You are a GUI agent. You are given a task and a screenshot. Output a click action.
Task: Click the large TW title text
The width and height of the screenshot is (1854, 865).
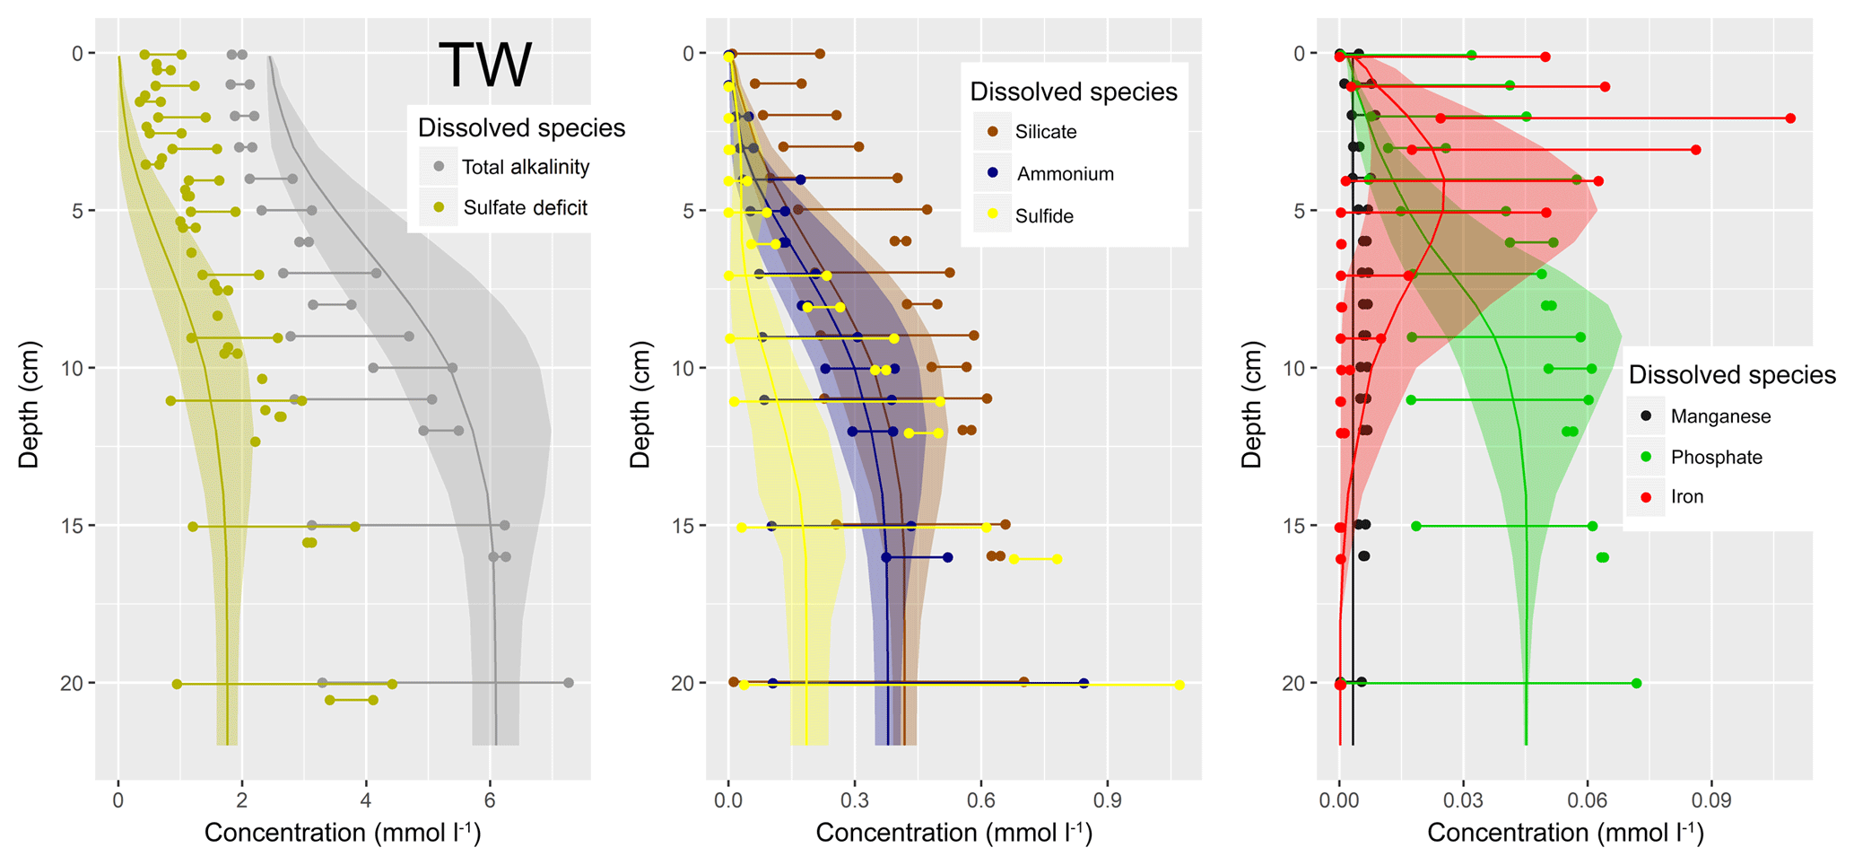point(485,66)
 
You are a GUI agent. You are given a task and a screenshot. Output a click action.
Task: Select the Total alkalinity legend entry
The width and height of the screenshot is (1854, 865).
point(525,167)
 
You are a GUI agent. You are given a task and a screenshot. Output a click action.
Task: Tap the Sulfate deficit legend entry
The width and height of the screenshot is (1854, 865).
point(525,208)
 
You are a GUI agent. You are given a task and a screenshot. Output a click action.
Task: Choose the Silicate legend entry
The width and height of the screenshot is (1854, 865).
point(1045,132)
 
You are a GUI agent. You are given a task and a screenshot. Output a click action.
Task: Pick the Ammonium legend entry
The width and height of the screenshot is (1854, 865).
point(1065,174)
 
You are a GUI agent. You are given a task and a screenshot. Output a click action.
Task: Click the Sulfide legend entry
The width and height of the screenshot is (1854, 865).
point(1043,216)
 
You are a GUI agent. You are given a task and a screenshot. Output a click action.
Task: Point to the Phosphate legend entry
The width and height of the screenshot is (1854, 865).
point(1716,458)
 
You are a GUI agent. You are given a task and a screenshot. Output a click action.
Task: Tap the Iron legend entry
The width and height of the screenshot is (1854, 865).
point(1686,497)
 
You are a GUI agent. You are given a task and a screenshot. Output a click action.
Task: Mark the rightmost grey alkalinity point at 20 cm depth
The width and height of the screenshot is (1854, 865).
point(568,683)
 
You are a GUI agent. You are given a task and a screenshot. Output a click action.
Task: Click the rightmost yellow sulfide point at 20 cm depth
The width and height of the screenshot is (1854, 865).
point(1179,686)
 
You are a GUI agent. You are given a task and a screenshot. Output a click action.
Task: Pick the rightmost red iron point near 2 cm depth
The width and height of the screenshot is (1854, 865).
point(1790,118)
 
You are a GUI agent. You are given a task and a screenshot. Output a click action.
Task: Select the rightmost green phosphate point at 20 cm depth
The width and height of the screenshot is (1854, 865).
point(1636,684)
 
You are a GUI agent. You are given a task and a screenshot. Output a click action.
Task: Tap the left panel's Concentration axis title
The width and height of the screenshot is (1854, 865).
point(343,834)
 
